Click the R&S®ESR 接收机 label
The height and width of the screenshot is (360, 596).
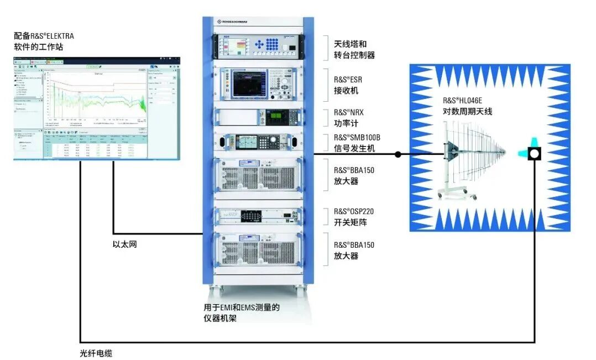349,85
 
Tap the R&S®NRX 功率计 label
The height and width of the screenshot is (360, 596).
349,117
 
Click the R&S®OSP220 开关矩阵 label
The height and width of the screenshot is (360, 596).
352,217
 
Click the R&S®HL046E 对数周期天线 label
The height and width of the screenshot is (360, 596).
467,106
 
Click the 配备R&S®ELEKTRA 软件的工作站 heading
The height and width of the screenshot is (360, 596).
44,41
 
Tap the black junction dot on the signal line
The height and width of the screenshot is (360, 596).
398,155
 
